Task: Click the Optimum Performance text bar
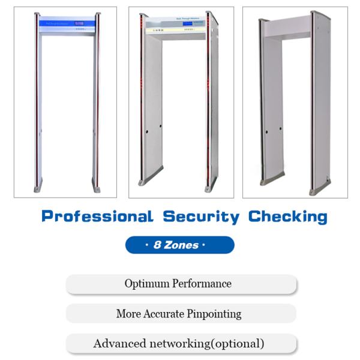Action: coord(181,283)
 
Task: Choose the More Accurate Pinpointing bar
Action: coord(181,313)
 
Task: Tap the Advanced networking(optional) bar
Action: coord(181,344)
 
